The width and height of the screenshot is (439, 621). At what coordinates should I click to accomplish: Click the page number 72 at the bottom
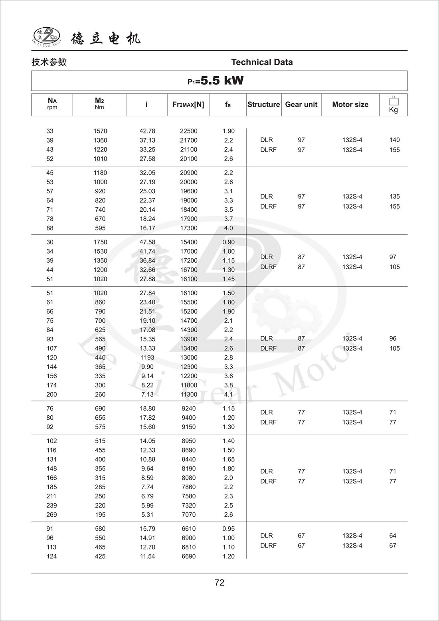click(x=219, y=583)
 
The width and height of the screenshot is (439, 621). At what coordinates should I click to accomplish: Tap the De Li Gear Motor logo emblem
click(x=46, y=36)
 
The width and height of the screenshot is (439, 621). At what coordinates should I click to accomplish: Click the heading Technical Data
click(x=262, y=62)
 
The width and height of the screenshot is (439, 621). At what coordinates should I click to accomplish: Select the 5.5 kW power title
click(x=216, y=81)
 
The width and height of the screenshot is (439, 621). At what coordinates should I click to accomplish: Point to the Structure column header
click(x=263, y=105)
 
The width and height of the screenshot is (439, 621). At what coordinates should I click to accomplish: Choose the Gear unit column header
click(x=301, y=105)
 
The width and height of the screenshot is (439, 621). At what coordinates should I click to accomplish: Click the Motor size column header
click(x=350, y=105)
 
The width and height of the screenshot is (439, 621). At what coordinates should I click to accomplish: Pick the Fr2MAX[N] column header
click(x=188, y=105)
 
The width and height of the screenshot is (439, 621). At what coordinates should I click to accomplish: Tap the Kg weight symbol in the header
click(x=394, y=105)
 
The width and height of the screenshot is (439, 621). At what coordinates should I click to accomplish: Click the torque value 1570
click(x=100, y=131)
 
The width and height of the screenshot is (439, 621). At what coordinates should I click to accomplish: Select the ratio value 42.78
click(x=147, y=131)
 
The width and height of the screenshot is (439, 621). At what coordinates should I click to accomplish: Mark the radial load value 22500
click(x=188, y=131)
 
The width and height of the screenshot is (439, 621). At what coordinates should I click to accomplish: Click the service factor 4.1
click(x=228, y=395)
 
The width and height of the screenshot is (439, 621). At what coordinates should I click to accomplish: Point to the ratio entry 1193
click(x=147, y=357)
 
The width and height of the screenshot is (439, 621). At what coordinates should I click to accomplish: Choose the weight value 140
click(x=394, y=140)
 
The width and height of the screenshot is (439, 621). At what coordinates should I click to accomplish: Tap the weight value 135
click(x=394, y=196)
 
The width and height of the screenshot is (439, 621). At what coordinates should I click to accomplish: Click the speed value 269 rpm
click(x=51, y=515)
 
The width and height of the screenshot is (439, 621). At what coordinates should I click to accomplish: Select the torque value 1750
click(x=100, y=242)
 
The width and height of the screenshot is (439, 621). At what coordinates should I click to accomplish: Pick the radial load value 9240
click(x=188, y=409)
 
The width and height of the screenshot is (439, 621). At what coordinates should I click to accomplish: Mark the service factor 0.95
click(x=228, y=529)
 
